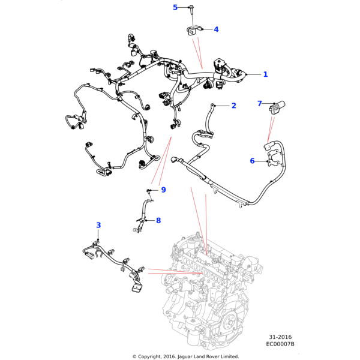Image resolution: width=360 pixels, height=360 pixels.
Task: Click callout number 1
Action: (x=265, y=74)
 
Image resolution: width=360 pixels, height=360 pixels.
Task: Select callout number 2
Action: (x=233, y=106)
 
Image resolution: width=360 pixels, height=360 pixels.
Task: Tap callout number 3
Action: (x=98, y=226)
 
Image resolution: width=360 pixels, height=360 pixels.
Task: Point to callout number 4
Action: (x=216, y=29)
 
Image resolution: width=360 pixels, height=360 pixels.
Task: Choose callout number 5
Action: (x=175, y=7)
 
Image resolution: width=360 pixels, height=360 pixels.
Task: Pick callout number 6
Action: (x=252, y=161)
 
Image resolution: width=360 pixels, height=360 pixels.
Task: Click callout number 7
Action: (x=260, y=104)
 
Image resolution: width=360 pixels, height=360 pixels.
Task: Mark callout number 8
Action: (x=158, y=221)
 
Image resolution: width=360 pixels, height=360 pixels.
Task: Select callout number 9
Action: (x=163, y=190)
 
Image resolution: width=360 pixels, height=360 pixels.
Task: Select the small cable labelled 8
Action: (x=144, y=210)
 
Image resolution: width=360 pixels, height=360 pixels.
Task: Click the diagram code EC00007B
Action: (x=280, y=344)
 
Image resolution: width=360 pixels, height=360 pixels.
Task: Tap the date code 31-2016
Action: (x=280, y=337)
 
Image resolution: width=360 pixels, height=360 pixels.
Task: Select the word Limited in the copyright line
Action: (x=228, y=356)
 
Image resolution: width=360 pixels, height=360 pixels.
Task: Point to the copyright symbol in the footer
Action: (x=134, y=356)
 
